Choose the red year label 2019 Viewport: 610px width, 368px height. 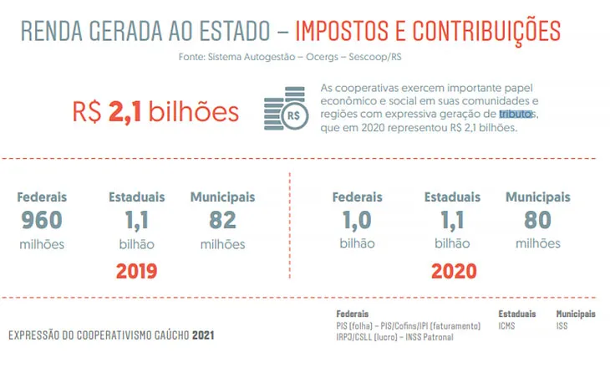coord(137,271)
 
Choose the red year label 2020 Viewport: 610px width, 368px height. coord(453,271)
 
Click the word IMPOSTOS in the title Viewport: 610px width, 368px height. coord(346,32)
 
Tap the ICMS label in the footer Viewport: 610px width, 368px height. coord(506,325)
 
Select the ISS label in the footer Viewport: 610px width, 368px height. coord(562,325)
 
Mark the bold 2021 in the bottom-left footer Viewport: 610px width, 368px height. coord(203,335)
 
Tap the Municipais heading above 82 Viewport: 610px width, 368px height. coord(222,197)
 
